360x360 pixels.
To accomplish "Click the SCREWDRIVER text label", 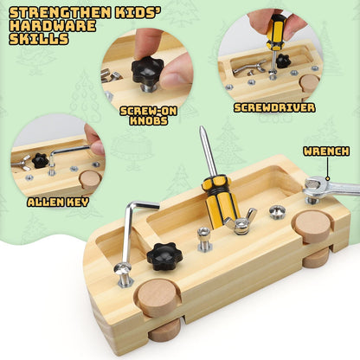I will (274, 108).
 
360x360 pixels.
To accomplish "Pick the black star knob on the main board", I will (164, 254).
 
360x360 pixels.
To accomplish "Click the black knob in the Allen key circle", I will (38, 159).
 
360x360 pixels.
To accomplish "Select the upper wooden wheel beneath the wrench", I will (311, 225).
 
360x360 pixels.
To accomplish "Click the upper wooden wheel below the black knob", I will (157, 297).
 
